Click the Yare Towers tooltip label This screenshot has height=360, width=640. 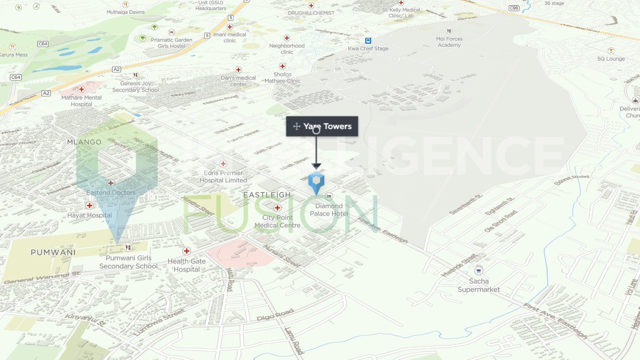click(x=327, y=126)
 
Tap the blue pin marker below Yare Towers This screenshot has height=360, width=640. click(x=316, y=182)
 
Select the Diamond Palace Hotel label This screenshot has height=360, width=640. click(x=329, y=210)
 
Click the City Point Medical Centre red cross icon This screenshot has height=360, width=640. click(x=277, y=207)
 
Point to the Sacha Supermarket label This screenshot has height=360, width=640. click(x=479, y=285)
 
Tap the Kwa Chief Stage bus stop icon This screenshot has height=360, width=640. click(x=368, y=41)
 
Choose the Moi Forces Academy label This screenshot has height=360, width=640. click(x=449, y=42)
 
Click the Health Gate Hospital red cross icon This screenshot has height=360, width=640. click(x=187, y=251)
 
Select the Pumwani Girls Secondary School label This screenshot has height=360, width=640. click(x=129, y=262)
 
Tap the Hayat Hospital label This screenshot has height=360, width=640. click(x=90, y=215)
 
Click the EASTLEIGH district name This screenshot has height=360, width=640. click(x=267, y=195)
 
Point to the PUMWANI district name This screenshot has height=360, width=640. click(x=53, y=252)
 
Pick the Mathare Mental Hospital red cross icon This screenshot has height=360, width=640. click(x=82, y=90)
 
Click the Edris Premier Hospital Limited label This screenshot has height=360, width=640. click(x=223, y=177)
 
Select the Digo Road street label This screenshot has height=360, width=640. click(x=275, y=315)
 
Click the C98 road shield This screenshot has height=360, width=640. click(x=514, y=8)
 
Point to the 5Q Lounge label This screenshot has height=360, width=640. click(x=611, y=59)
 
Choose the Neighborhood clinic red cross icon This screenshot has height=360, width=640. click(x=287, y=38)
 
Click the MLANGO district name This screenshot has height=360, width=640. click(x=84, y=142)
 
